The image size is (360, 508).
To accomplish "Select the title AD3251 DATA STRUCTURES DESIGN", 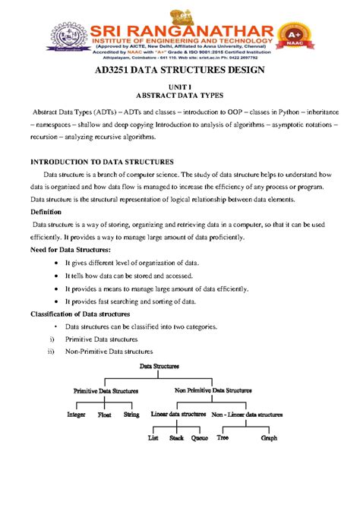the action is point(179,71).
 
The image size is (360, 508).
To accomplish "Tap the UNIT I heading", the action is point(180,89).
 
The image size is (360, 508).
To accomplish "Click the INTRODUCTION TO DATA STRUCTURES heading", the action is point(101,162).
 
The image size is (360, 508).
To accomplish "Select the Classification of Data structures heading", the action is point(80,314).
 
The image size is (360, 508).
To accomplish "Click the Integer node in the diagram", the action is point(76,415).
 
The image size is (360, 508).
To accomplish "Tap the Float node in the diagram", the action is point(105,415).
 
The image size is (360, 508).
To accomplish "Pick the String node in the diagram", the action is point(131,415).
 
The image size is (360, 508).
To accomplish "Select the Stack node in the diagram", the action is point(176,438).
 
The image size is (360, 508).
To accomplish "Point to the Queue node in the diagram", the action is point(200,438).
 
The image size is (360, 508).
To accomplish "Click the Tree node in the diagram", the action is point(223,438).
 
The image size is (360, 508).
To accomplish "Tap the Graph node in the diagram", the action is point(269,438).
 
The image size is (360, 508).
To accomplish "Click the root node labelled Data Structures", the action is point(159,366).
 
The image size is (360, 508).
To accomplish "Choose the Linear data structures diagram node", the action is point(178,415).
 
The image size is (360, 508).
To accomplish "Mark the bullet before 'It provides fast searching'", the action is point(58,301).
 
